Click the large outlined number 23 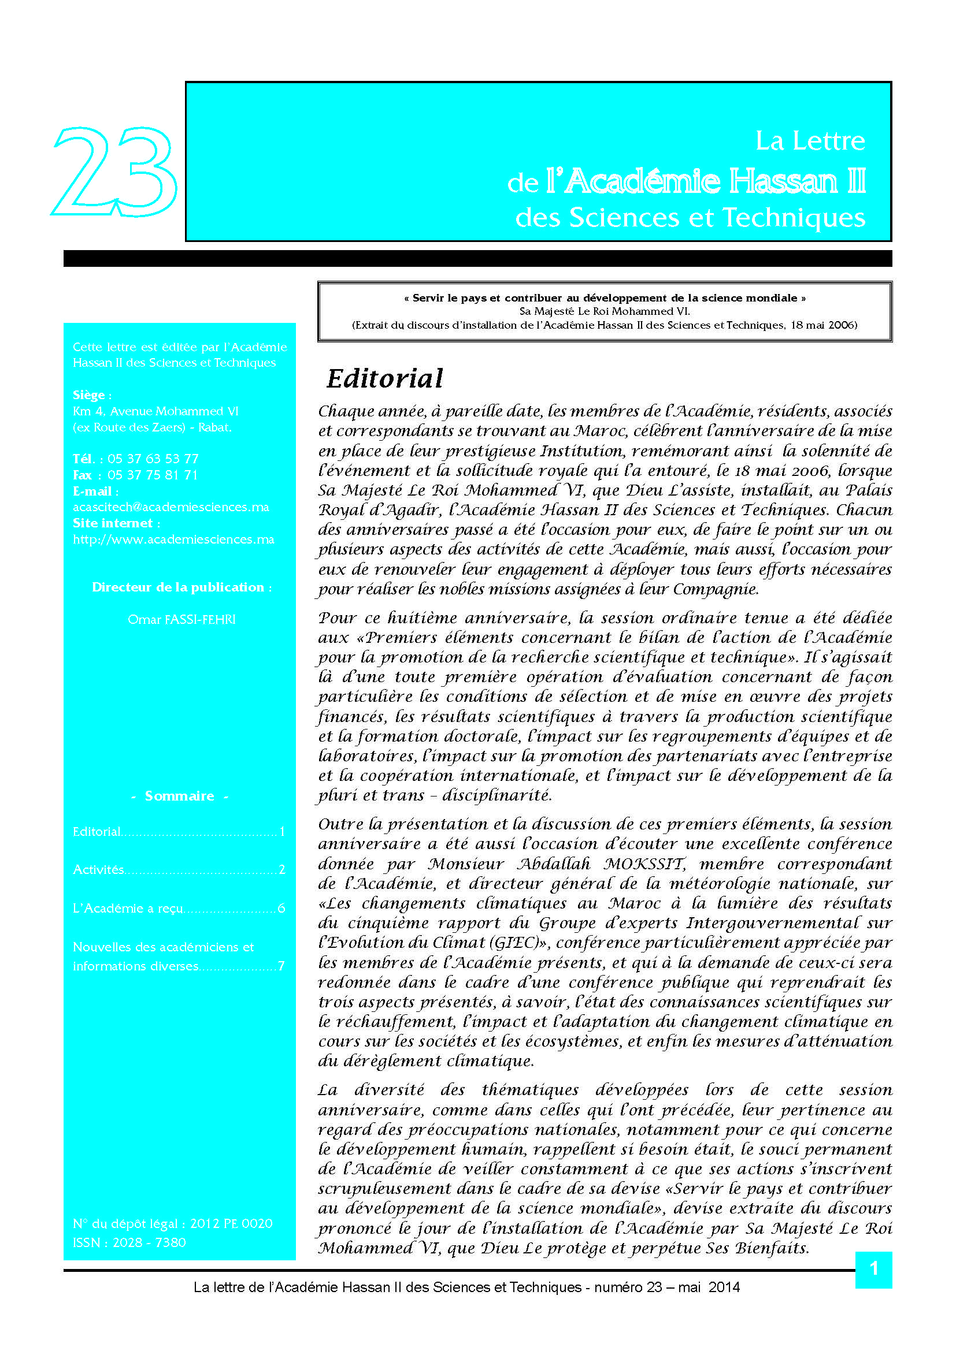115,171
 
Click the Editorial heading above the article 384,378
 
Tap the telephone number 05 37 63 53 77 153,459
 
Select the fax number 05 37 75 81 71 153,475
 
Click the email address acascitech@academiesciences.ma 171,507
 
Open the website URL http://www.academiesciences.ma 173,539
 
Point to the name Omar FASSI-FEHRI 181,619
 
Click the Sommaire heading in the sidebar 180,795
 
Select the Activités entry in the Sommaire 98,869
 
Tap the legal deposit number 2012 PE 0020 231,1223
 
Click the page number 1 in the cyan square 873,1268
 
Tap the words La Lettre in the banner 810,140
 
